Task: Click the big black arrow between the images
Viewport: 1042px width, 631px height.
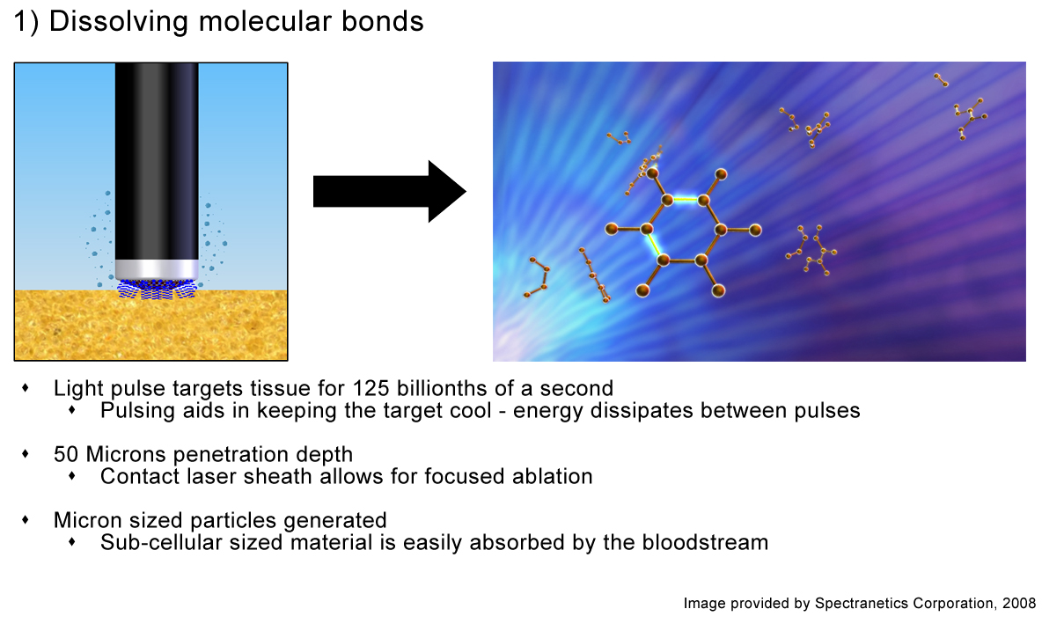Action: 389,191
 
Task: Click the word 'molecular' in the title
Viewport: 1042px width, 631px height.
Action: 265,21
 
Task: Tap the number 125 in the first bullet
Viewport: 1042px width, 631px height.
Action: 371,388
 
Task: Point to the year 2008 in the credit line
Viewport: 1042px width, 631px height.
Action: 1019,603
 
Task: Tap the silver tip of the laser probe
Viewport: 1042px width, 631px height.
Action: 157,269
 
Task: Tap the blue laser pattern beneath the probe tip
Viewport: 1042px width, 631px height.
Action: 158,290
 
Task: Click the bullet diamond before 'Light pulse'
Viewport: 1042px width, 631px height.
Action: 26,387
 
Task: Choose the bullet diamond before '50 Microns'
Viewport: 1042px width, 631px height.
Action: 26,453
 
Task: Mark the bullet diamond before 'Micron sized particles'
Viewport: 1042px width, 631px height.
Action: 26,519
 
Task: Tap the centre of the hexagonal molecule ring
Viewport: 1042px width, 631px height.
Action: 684,230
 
